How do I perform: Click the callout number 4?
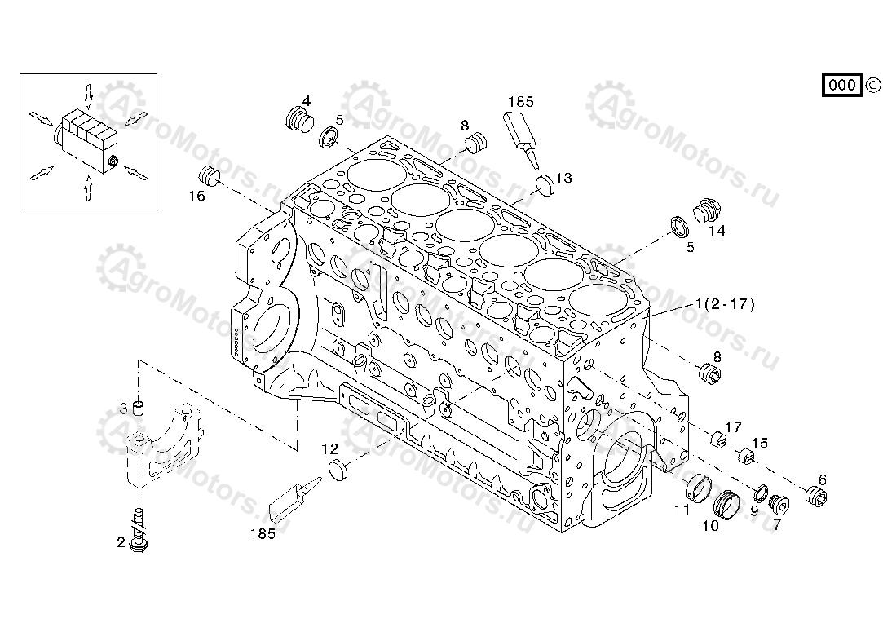(307, 101)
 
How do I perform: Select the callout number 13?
(564, 178)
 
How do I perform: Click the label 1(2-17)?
(725, 304)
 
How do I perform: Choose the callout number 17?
(734, 426)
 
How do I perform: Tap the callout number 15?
(759, 444)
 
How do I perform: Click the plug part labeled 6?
(815, 495)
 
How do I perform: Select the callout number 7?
(777, 525)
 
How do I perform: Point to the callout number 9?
(754, 511)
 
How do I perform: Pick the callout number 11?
(682, 510)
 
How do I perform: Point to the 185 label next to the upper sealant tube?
(520, 102)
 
